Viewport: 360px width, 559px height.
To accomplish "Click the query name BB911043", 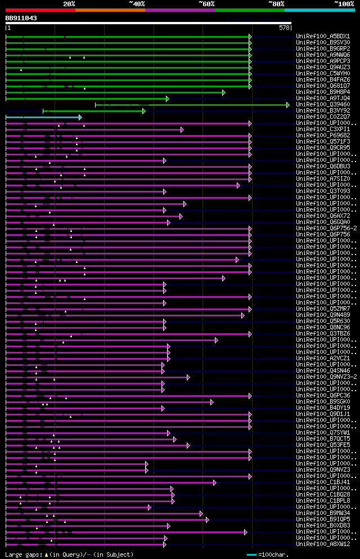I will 21,18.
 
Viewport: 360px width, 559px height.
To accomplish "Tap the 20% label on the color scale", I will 69,4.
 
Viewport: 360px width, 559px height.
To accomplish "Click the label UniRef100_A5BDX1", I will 323,36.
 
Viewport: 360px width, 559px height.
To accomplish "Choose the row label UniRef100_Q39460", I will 323,104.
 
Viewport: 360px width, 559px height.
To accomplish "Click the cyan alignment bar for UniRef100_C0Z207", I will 43,117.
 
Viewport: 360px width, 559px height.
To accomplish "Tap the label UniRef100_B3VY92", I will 323,110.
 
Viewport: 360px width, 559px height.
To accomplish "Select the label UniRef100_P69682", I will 323,135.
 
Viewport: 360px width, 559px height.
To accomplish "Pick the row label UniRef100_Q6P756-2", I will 326,228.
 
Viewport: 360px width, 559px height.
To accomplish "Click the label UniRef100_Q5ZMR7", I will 323,308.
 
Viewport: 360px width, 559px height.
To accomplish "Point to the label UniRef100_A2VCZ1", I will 323,358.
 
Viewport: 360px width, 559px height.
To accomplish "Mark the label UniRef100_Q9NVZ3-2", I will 326,377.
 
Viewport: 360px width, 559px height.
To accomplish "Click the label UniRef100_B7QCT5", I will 323,439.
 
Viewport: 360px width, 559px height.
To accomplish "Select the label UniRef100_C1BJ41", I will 323,482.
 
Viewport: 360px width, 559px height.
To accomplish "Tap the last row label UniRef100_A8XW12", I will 323,544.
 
